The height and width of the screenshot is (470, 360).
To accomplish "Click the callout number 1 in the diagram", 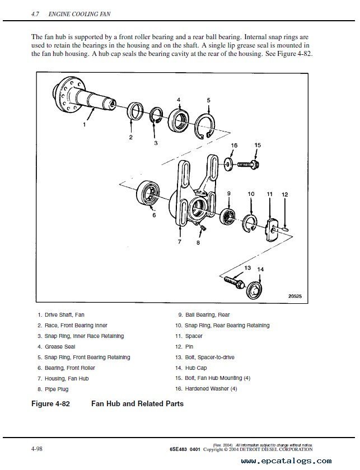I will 85,125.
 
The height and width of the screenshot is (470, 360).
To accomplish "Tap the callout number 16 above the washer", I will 234,145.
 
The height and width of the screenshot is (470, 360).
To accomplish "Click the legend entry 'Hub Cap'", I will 194,368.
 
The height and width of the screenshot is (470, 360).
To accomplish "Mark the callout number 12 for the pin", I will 284,194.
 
